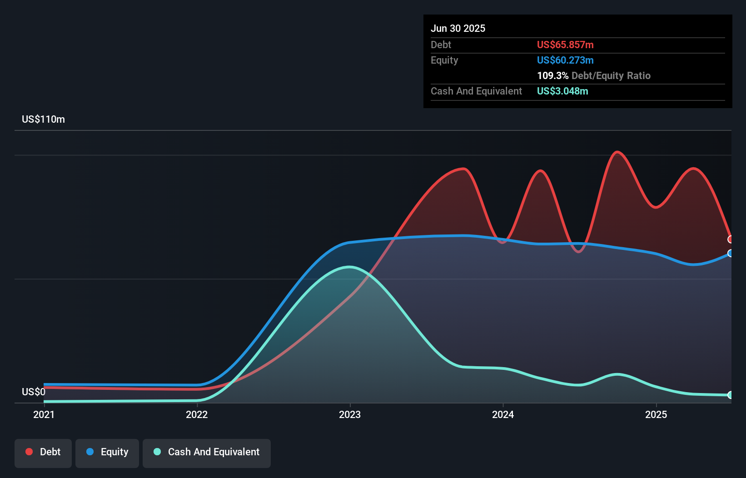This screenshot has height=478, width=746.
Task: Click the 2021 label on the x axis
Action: pyautogui.click(x=44, y=414)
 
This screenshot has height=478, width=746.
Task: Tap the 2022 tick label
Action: pyautogui.click(x=197, y=414)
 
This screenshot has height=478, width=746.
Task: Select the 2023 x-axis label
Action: pyautogui.click(x=350, y=414)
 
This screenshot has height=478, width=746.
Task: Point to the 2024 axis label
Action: pyautogui.click(x=503, y=414)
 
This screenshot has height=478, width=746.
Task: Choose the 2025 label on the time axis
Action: pyautogui.click(x=656, y=414)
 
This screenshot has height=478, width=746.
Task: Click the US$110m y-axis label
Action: pyautogui.click(x=43, y=119)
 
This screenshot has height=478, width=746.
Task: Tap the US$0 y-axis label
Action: pyautogui.click(x=34, y=392)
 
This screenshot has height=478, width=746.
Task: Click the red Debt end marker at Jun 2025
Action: pyautogui.click(x=731, y=239)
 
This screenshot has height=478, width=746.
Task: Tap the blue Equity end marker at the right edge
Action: pyautogui.click(x=731, y=253)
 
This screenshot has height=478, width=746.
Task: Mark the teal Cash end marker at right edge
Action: pyautogui.click(x=731, y=395)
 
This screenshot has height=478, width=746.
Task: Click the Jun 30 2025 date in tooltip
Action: pyautogui.click(x=458, y=28)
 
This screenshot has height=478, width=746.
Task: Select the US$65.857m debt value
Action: pyautogui.click(x=565, y=45)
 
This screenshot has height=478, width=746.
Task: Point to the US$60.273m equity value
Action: pyautogui.click(x=565, y=60)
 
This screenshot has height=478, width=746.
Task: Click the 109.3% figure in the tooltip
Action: pyautogui.click(x=552, y=75)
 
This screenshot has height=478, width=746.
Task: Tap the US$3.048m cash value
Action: pyautogui.click(x=562, y=91)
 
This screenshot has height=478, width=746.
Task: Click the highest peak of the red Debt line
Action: pyautogui.click(x=617, y=152)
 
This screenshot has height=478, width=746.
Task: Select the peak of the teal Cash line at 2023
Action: pyautogui.click(x=349, y=267)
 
